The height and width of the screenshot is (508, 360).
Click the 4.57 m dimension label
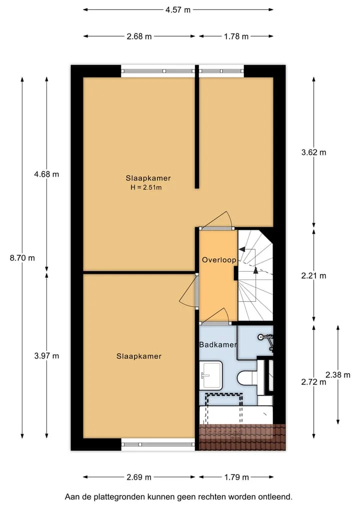coord(177,9)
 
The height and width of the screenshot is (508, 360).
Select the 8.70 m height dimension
coord(22,258)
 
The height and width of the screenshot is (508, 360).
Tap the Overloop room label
coord(219,260)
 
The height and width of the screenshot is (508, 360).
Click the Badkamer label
coord(218,345)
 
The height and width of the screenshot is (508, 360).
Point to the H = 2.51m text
coord(146,187)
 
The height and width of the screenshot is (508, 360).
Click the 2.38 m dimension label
coord(338,375)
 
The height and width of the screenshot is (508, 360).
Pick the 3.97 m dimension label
coord(46,356)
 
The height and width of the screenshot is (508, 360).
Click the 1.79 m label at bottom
coord(236,477)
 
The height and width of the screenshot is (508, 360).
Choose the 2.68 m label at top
coord(139,36)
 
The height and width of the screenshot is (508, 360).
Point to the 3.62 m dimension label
coord(313,152)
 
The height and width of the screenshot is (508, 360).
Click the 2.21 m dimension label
coord(313,276)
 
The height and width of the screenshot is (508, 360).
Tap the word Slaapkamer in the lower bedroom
coord(139,356)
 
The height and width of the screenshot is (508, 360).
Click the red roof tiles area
coord(242,437)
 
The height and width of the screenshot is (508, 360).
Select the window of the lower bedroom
coord(158,445)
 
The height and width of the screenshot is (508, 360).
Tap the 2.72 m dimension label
coord(313,382)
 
